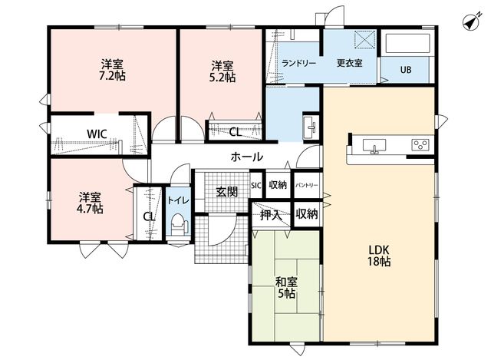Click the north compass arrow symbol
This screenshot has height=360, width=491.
point(472,23)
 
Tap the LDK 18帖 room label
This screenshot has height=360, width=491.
point(379,256)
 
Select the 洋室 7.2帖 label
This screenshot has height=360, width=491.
point(112,70)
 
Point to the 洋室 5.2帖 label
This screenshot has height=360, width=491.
point(222,71)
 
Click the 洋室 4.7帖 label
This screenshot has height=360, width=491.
point(90,203)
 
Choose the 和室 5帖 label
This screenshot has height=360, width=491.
point(286,287)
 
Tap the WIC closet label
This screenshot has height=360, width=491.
point(97,134)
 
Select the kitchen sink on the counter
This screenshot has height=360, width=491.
point(374,146)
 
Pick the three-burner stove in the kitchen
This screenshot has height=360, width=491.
point(420,144)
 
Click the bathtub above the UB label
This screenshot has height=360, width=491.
point(406,44)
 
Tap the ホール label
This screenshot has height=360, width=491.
point(247,157)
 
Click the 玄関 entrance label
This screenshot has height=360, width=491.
point(227,192)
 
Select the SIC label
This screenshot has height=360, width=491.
point(255,186)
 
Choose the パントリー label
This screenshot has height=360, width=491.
point(307,185)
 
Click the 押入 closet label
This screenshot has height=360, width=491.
point(271,215)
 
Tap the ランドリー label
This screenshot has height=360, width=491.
point(298,63)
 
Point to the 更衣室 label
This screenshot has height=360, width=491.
point(350,63)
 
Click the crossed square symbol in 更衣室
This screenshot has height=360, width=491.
point(365,40)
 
